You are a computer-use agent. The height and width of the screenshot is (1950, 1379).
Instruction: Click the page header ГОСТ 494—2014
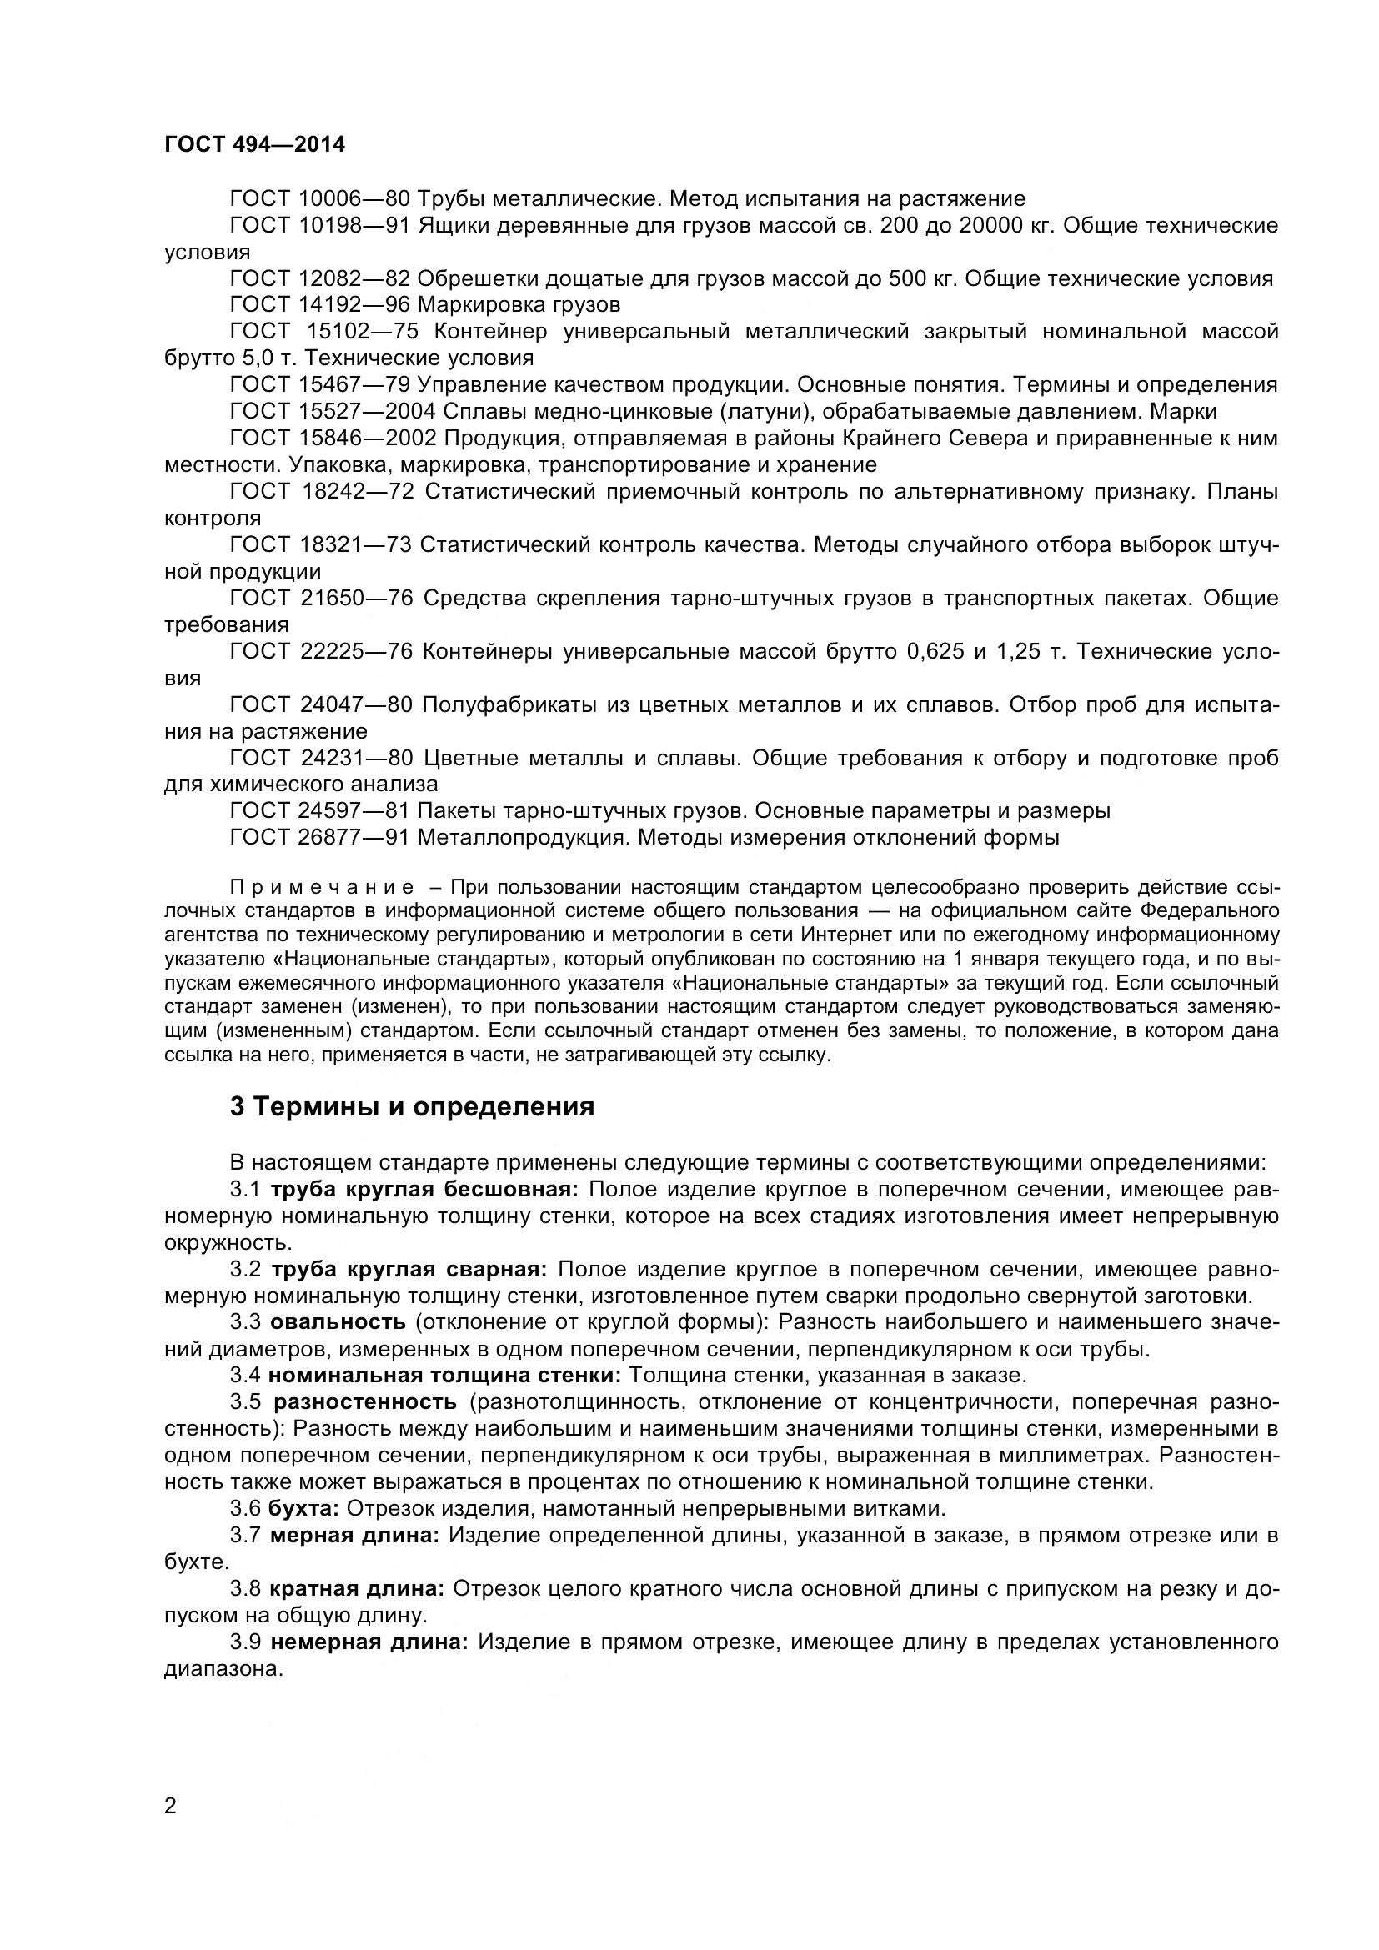(x=255, y=144)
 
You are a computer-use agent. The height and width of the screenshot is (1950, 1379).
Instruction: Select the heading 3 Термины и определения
(x=412, y=1107)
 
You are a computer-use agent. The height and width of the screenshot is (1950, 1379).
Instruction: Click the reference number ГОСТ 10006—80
(x=319, y=198)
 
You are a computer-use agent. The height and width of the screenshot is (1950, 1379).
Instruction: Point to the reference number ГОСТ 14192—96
(x=319, y=304)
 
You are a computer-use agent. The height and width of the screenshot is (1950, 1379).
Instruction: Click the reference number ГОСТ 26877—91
(x=319, y=837)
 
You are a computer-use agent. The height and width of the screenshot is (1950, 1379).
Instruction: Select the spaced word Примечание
(x=323, y=888)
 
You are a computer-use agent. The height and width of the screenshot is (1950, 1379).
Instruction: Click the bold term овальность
(x=338, y=1321)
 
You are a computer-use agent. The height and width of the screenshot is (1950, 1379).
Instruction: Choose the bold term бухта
(x=303, y=1508)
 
